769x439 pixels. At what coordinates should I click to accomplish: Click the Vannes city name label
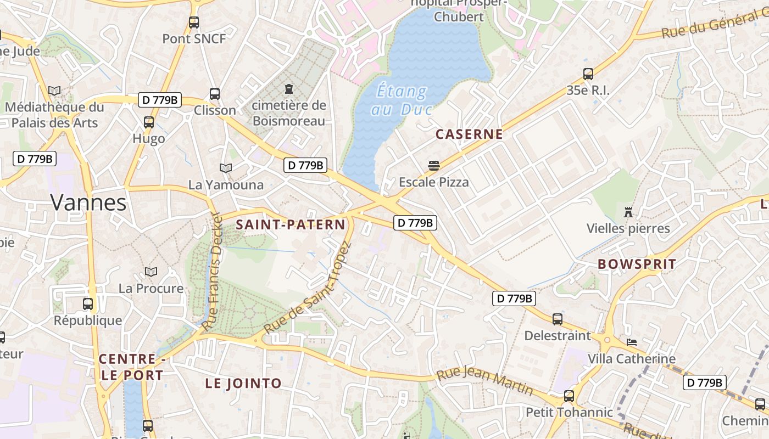[88, 202]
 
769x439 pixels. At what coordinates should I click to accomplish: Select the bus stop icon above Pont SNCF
[194, 22]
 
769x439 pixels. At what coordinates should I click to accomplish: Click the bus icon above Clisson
[215, 94]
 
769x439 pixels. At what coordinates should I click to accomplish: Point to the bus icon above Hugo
[149, 122]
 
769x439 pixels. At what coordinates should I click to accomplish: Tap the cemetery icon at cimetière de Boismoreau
[288, 89]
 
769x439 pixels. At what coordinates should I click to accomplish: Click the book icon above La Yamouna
[226, 168]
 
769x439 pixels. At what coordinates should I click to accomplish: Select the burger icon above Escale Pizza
[434, 166]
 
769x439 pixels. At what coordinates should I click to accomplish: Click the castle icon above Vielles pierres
[628, 212]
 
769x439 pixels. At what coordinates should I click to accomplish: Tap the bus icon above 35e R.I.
[588, 74]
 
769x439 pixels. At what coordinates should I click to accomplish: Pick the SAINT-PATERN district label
[291, 224]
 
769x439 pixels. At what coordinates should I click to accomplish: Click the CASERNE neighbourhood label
[469, 134]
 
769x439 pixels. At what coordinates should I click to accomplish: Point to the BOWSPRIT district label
[637, 264]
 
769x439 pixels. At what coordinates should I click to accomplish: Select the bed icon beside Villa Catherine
[632, 342]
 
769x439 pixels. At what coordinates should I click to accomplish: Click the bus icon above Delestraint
[558, 319]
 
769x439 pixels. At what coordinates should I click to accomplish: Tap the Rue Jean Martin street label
[484, 382]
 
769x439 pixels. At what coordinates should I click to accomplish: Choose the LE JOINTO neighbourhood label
[243, 384]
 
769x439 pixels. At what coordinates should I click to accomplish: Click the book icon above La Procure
[151, 272]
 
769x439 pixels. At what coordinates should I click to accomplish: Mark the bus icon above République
[88, 303]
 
